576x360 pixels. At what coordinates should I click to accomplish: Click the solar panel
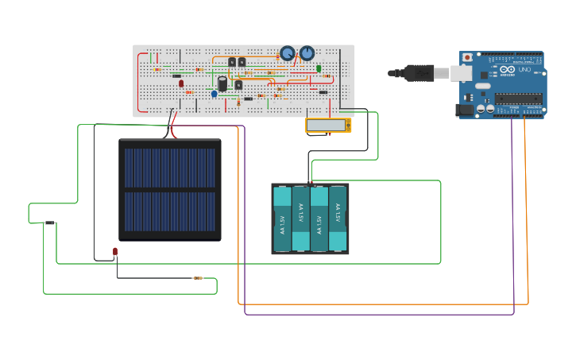[170, 190]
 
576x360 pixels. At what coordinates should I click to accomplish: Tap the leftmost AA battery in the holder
[282, 219]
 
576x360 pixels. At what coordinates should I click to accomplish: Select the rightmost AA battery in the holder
[338, 219]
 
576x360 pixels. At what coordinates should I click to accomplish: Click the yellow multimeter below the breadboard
[328, 125]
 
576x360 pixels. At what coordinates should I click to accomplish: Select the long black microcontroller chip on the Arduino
[518, 99]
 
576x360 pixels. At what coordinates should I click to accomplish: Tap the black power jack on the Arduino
[462, 110]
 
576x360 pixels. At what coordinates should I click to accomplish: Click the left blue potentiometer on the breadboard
[287, 54]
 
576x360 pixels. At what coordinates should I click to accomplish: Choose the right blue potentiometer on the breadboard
[307, 53]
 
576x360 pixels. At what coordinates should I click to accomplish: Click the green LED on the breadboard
[319, 69]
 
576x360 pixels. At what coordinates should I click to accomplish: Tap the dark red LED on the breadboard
[181, 83]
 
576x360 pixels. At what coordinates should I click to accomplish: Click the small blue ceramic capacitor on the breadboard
[214, 94]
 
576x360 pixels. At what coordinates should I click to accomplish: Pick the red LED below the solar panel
[115, 252]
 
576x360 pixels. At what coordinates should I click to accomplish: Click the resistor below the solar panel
[198, 278]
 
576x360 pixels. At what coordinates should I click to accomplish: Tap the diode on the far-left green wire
[49, 223]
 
